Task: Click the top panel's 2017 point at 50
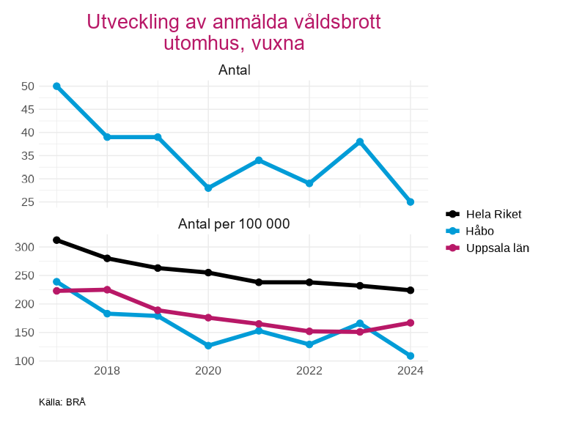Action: pos(56,86)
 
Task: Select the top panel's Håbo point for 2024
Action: pos(411,202)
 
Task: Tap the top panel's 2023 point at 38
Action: pos(360,142)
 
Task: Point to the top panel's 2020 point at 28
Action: pos(208,188)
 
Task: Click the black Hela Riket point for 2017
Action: pos(56,240)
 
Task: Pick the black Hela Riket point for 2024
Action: pos(411,290)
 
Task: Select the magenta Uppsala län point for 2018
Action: pos(107,289)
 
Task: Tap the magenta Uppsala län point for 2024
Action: pos(411,322)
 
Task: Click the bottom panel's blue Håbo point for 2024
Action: pos(411,356)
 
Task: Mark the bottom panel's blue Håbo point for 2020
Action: pos(208,346)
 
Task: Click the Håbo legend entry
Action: pos(479,231)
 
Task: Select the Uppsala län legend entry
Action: pos(497,248)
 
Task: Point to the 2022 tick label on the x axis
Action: pos(309,371)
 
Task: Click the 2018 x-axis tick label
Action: pos(107,371)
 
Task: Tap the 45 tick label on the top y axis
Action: pos(28,109)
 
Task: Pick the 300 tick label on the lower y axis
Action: pos(25,247)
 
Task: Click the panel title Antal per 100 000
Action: pos(234,224)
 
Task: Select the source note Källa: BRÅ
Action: pos(62,402)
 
